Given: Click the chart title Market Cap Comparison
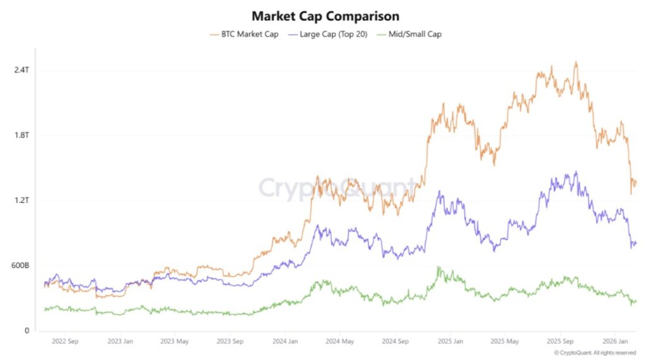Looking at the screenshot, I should (325, 16).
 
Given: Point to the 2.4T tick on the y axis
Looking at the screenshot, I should (21, 70).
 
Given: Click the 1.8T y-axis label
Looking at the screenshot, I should (21, 135).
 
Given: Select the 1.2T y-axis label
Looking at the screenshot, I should (21, 200).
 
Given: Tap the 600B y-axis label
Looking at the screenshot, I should (20, 265).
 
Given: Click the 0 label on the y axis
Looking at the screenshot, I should (26, 331).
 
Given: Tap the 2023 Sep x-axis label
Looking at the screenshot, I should (230, 342).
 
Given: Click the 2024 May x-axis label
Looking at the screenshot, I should (339, 342).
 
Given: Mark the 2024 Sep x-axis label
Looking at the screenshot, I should (394, 342).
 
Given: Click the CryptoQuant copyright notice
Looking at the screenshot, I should (595, 353).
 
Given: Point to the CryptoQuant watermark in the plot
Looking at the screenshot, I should (338, 188).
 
